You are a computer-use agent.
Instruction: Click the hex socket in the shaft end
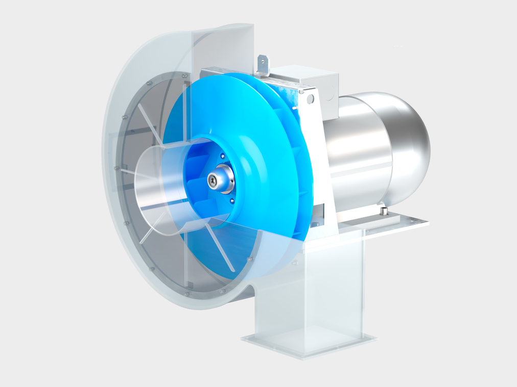(212, 179)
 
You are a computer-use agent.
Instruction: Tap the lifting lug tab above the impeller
(263, 65)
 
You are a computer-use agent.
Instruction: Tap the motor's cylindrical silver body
(358, 153)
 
